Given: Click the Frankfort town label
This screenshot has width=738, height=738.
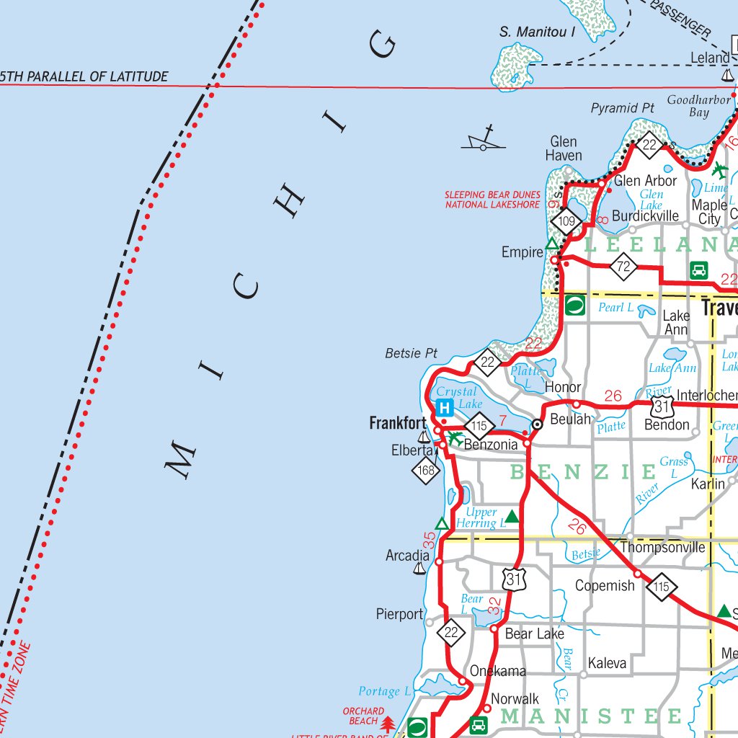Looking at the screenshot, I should (x=398, y=423).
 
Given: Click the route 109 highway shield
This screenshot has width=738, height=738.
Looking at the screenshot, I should (x=567, y=221).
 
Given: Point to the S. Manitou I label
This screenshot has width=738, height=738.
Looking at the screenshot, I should (x=537, y=32).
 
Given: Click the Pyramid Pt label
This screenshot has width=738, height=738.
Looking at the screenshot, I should (x=623, y=108).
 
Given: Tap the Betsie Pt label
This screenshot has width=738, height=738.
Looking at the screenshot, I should (x=412, y=353).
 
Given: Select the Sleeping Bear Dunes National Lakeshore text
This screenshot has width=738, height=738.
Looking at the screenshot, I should (x=492, y=200).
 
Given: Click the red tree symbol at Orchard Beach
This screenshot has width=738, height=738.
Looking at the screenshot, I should (x=388, y=723).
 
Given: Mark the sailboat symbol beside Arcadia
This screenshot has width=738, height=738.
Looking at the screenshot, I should (x=419, y=569).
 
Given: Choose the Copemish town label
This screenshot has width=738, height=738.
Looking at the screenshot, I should (x=605, y=585).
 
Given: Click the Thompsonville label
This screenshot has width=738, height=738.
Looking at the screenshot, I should (x=662, y=547).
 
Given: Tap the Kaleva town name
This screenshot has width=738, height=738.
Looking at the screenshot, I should (x=607, y=662).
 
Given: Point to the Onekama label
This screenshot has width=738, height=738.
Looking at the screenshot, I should (x=498, y=670).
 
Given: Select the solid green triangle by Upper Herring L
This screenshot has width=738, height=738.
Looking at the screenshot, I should (x=512, y=516).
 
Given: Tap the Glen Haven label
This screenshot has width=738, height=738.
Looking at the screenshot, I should (x=564, y=148).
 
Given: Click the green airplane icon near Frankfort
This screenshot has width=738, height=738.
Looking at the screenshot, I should (x=455, y=437).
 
